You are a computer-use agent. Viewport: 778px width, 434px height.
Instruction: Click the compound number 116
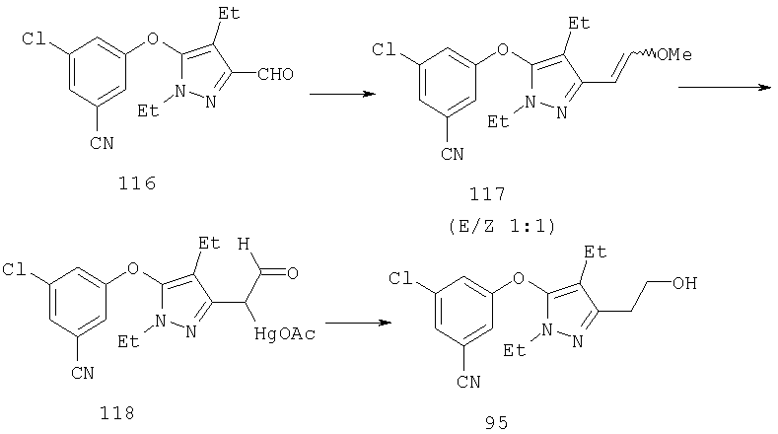click(x=137, y=183)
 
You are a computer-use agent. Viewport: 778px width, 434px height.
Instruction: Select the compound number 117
click(x=487, y=193)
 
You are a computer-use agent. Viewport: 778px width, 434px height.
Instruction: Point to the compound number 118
click(x=117, y=412)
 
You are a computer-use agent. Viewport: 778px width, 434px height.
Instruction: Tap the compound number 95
click(x=497, y=422)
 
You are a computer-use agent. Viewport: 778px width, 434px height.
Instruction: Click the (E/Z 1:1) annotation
click(x=502, y=227)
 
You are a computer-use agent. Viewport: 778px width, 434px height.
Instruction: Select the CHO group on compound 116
click(x=275, y=75)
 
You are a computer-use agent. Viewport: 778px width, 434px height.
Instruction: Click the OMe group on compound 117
click(x=673, y=54)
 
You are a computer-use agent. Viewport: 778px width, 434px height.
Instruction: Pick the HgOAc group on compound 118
click(x=285, y=333)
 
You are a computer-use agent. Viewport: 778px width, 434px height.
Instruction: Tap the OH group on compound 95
click(x=684, y=283)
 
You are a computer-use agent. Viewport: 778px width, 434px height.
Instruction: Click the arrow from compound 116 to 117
click(x=342, y=94)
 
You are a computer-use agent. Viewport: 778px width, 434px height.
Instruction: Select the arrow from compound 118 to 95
click(x=358, y=323)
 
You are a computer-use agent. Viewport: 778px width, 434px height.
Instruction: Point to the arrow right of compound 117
click(x=725, y=88)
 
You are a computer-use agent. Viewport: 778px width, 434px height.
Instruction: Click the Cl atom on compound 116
click(x=34, y=38)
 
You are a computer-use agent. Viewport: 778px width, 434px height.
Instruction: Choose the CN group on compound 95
click(x=468, y=382)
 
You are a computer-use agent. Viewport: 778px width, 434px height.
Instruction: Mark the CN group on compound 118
click(x=83, y=373)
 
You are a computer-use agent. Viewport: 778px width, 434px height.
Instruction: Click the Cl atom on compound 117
click(x=384, y=49)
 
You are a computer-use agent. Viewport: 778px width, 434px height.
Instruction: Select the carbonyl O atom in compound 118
click(x=292, y=272)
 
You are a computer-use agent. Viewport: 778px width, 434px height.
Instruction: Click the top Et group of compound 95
click(x=595, y=253)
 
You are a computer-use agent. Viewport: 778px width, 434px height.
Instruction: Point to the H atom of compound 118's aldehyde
click(x=244, y=244)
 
